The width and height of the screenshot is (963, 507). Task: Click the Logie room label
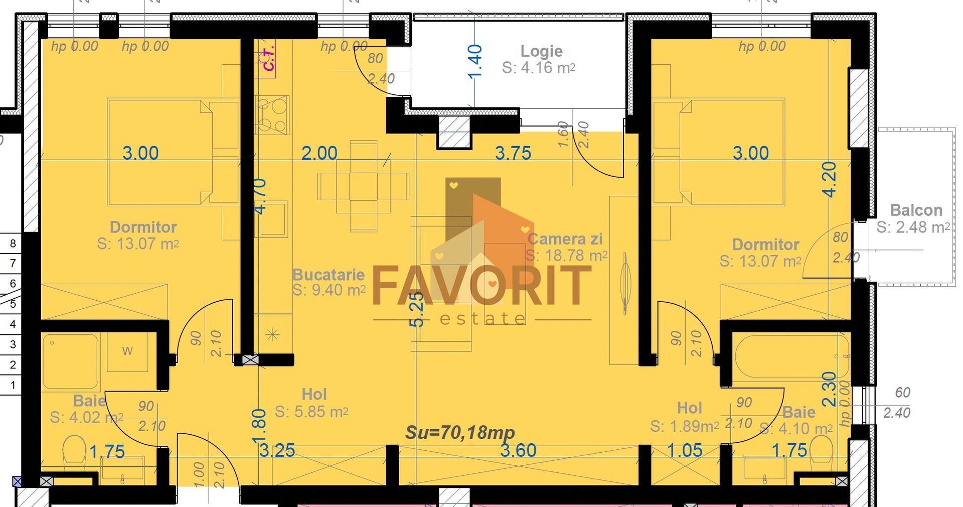[541, 51]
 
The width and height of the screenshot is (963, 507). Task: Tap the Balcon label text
[916, 210]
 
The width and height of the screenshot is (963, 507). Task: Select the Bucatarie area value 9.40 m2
[329, 290]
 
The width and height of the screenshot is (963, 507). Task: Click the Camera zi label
[565, 239]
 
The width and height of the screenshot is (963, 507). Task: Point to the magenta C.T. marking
[268, 58]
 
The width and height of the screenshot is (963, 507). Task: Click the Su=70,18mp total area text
[460, 432]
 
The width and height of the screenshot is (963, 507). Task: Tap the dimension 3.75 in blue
[513, 153]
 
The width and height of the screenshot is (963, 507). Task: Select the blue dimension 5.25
[417, 310]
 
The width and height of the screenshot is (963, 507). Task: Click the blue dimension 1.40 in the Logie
[474, 61]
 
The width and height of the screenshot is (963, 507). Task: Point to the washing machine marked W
[127, 351]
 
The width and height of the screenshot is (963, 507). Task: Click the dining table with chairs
[363, 186]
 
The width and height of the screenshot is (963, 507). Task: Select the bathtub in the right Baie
[791, 358]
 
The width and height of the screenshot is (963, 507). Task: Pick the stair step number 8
[13, 243]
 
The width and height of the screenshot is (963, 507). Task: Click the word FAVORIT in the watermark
[481, 286]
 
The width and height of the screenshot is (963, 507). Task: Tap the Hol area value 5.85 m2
[311, 412]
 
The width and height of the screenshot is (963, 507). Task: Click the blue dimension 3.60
[518, 450]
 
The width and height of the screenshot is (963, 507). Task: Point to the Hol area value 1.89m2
[684, 427]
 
